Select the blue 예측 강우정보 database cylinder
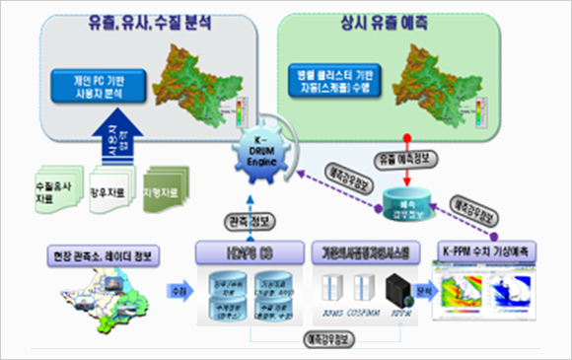(x=403, y=204)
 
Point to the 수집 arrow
(x=179, y=292)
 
